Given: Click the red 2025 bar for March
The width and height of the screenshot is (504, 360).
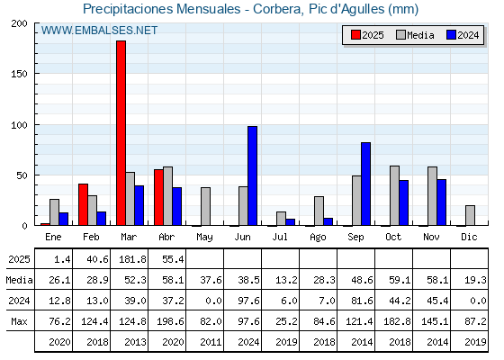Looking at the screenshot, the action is (121, 133).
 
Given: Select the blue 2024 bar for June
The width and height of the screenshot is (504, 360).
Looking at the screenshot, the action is (252, 175).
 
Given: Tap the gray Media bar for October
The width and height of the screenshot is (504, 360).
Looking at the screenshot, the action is (395, 195).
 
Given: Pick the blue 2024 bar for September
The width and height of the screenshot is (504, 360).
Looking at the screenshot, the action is (365, 184).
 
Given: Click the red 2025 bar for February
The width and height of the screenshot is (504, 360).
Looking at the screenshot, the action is (83, 204).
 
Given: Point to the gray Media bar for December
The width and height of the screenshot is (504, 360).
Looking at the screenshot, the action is (470, 215).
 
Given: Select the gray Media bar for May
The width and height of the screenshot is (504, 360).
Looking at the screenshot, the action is (206, 206).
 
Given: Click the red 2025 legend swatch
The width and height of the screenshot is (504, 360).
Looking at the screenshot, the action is (355, 35).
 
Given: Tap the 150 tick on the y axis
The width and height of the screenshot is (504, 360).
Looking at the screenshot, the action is (19, 74).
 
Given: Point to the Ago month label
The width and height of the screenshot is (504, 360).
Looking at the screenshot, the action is (318, 238).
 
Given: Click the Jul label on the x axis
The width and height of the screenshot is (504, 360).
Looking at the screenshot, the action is (280, 237).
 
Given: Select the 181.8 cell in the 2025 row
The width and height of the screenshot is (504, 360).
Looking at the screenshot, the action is (133, 259).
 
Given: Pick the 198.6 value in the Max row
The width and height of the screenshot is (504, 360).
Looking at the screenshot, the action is (170, 321).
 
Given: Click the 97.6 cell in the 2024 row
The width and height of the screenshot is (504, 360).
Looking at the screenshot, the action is (248, 301).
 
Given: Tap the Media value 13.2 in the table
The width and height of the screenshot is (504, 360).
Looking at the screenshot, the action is (286, 280).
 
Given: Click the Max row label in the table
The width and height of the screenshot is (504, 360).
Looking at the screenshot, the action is (19, 321).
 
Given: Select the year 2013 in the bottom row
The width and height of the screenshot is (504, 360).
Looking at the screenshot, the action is (135, 342).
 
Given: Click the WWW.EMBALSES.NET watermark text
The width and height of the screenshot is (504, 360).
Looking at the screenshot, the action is (99, 31).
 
